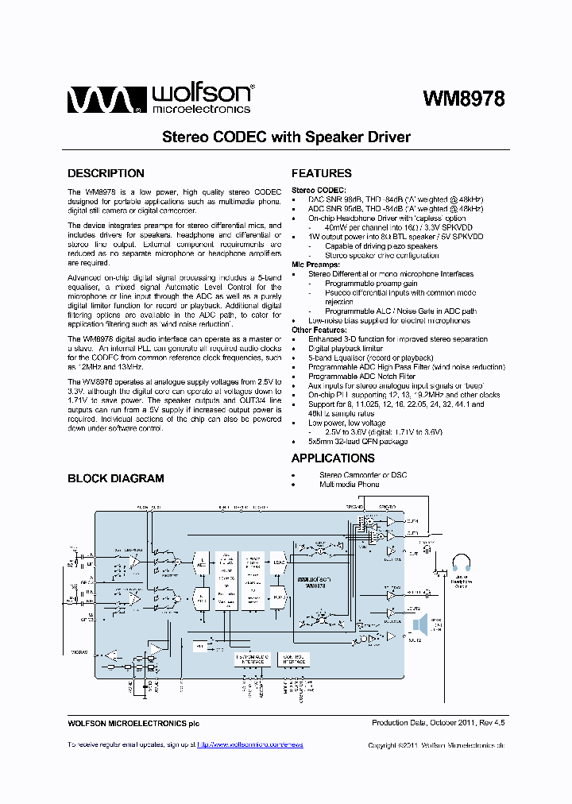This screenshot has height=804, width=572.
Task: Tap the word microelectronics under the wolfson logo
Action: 201,109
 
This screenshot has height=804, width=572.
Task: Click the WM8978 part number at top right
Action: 463,98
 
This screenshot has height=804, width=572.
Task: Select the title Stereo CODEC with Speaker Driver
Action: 286,137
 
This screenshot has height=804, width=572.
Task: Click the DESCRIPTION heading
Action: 106,173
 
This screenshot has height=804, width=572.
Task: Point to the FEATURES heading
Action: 322,173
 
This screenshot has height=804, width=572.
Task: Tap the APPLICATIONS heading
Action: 333,458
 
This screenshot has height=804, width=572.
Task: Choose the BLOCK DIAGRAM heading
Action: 116,478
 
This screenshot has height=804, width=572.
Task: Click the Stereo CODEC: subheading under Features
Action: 319,190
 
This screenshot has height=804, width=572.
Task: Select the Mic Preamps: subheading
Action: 315,265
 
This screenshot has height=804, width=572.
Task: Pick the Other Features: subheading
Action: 319,330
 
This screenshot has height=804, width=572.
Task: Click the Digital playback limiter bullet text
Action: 346,349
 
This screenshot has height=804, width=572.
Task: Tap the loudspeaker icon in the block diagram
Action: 419,624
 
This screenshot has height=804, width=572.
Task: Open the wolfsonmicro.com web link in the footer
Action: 250,744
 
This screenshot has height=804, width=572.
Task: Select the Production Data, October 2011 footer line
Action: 439,723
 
